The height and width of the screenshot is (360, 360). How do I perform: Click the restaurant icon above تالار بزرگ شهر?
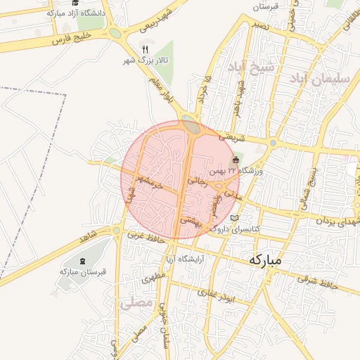(x=146, y=49)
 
